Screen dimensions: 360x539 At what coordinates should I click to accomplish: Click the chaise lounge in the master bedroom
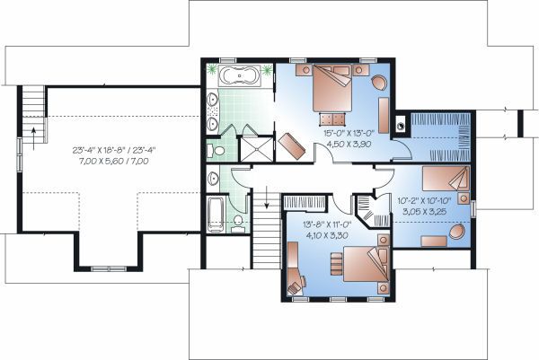[x=292, y=143]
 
